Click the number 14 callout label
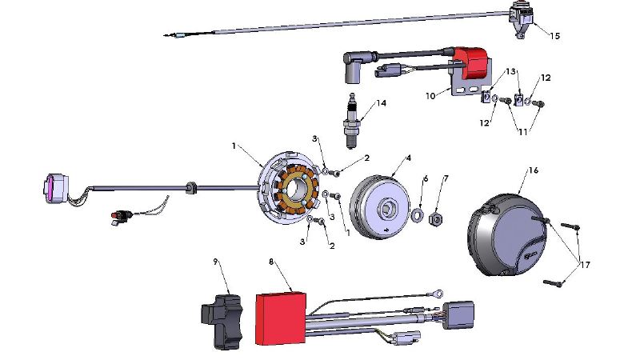[381, 103]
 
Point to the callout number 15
[555, 36]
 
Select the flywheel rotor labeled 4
[384, 208]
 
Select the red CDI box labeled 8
[280, 316]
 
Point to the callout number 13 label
[510, 72]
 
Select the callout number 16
[532, 170]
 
